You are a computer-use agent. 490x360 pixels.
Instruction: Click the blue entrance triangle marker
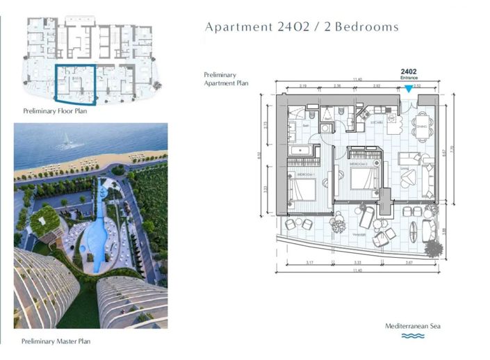pyautogui.click(x=409, y=89)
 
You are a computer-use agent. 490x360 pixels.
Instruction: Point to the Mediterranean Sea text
pyautogui.click(x=414, y=326)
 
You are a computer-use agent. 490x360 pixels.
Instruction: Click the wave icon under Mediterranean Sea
pyautogui.click(x=414, y=336)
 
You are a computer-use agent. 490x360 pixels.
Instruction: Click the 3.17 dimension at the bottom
pyautogui.click(x=309, y=263)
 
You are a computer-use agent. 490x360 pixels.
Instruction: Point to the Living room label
pyautogui.click(x=404, y=167)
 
